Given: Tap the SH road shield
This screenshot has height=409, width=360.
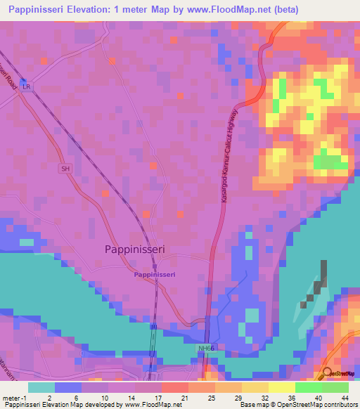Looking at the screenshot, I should click(66, 169).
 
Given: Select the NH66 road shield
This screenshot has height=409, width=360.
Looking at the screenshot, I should click(202, 349).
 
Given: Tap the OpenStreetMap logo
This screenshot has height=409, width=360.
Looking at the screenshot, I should click(339, 373).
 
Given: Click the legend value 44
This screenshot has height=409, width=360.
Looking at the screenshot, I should click(344, 397).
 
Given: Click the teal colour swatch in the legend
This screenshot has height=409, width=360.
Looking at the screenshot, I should click(41, 387).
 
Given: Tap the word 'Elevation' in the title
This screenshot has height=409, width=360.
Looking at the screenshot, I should click(98, 10).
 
